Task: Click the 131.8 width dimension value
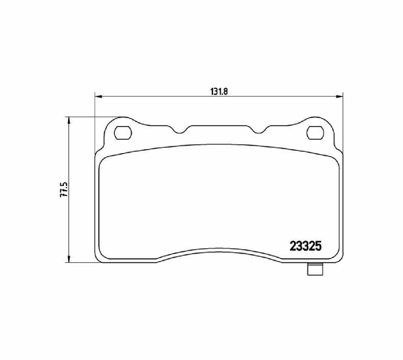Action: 219,92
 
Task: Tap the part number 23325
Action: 306,246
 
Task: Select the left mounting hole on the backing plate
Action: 123,133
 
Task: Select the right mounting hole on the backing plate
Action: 315,133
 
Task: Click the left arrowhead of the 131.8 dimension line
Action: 98,97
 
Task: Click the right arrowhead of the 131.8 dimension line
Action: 340,97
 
